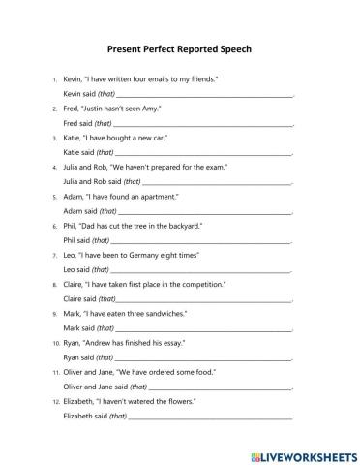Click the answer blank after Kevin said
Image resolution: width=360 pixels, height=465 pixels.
click(x=204, y=95)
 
